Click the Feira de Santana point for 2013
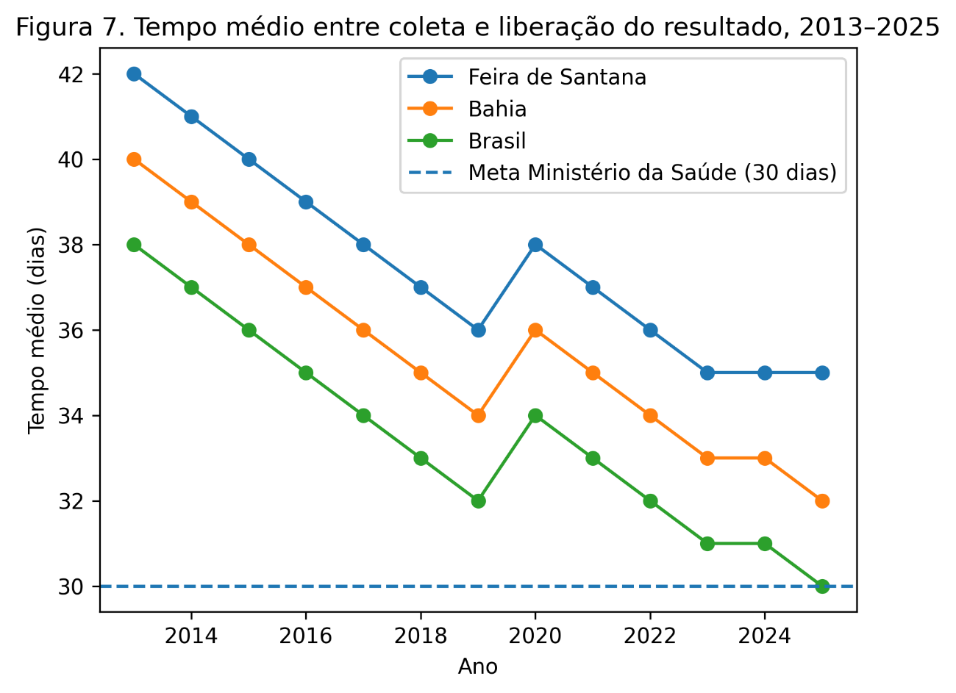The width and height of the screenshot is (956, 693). [x=134, y=74]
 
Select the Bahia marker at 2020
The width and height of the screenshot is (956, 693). [x=535, y=330]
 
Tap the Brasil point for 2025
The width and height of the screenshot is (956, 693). [x=822, y=586]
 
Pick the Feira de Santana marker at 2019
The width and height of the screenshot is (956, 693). [x=478, y=330]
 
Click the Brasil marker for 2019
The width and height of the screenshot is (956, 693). [x=478, y=501]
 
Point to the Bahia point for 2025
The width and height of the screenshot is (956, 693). [x=822, y=501]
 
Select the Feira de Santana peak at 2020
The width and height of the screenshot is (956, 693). [x=535, y=245]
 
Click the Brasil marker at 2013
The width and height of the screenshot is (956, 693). [x=134, y=245]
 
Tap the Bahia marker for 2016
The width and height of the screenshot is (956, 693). [x=306, y=287]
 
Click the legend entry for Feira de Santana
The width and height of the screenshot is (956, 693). [x=557, y=77]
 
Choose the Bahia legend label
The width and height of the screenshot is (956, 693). [x=497, y=109]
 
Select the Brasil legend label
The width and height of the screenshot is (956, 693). [x=497, y=140]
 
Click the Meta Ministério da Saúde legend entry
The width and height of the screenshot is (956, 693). [x=652, y=173]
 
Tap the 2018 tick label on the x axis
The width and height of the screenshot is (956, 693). [x=421, y=636]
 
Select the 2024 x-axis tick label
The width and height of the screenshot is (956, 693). [x=765, y=636]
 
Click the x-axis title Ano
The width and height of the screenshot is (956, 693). [x=478, y=667]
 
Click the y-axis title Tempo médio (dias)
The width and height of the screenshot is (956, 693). [x=37, y=330]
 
